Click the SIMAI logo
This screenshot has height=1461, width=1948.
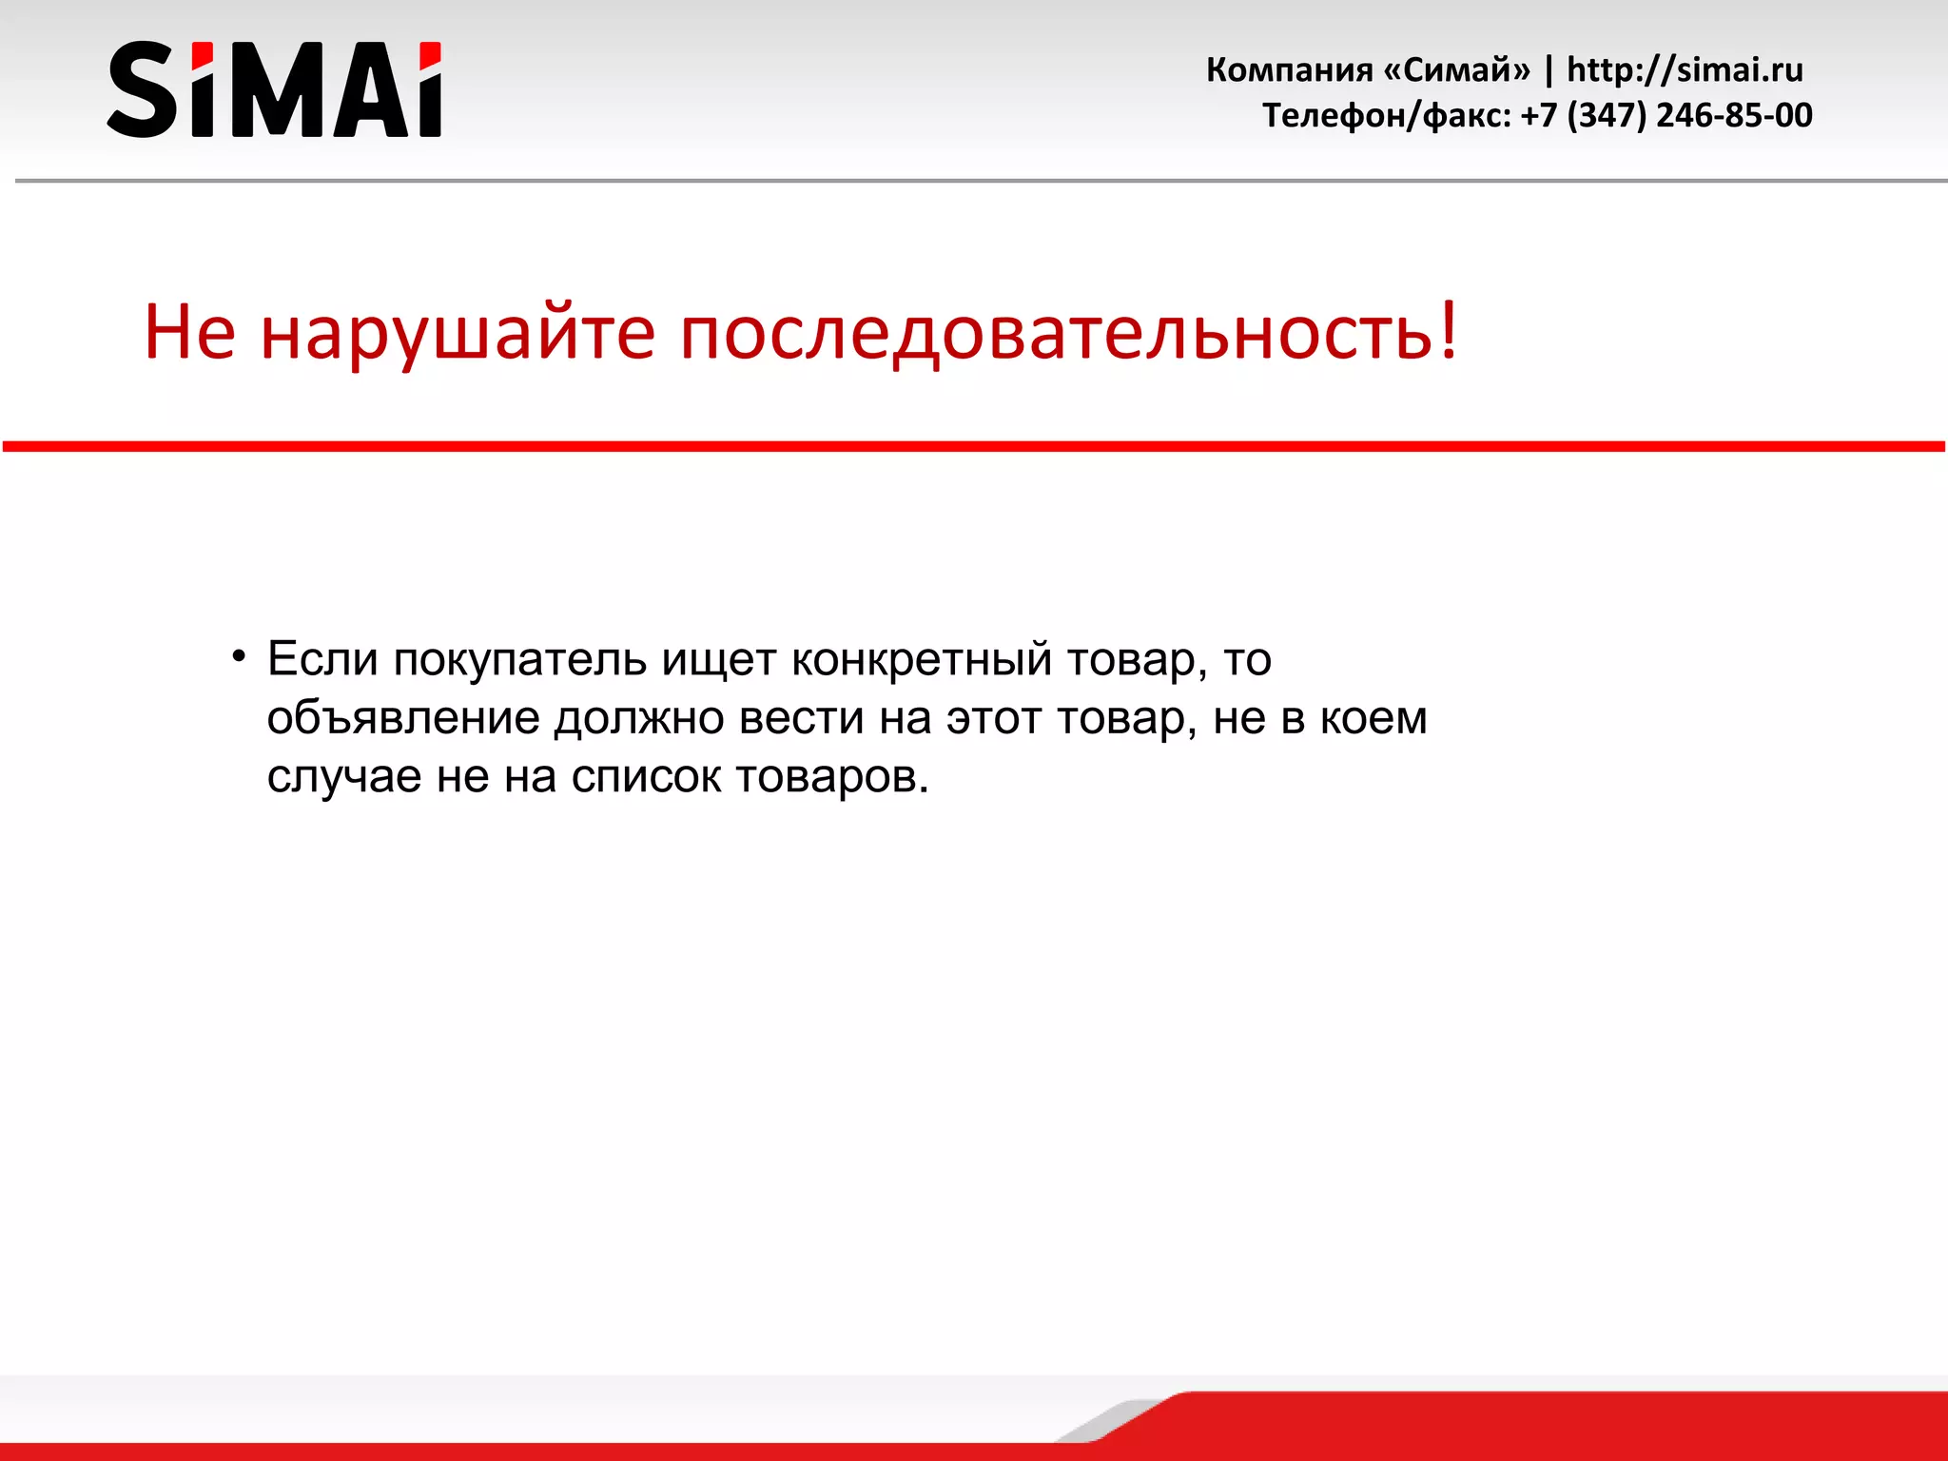click(274, 89)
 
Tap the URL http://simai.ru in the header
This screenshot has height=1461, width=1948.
click(1685, 70)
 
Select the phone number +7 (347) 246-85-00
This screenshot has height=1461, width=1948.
click(1666, 116)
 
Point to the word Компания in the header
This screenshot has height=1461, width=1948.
click(1289, 70)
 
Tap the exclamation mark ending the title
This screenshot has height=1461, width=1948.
click(1449, 329)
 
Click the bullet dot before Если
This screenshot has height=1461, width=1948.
click(239, 656)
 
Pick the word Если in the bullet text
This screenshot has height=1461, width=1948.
click(322, 659)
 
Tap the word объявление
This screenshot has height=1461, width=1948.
click(402, 719)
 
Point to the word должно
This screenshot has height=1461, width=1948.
click(639, 719)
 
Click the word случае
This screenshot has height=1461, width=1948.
click(344, 778)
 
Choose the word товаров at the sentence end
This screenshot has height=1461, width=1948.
click(827, 778)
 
